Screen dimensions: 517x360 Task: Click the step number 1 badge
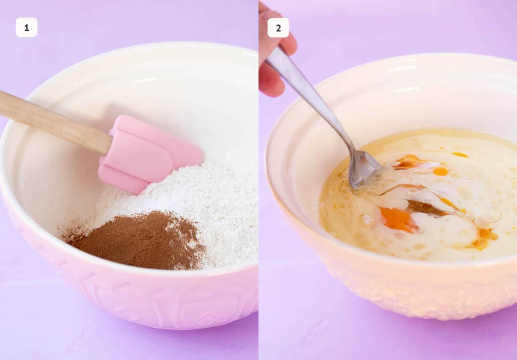pyautogui.click(x=27, y=27)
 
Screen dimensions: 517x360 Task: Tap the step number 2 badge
pyautogui.click(x=278, y=28)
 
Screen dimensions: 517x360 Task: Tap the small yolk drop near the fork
pyautogui.click(x=440, y=172)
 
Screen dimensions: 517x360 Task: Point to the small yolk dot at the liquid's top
pyautogui.click(x=459, y=155)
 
